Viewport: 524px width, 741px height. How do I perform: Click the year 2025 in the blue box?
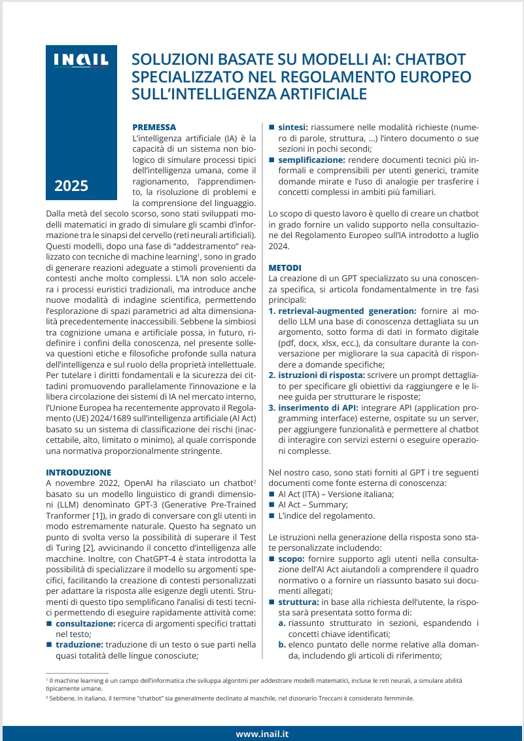(71, 186)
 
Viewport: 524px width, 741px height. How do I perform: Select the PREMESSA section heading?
(154, 127)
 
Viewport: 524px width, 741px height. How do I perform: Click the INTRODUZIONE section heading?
(79, 472)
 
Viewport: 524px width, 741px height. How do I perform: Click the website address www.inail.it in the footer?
(262, 734)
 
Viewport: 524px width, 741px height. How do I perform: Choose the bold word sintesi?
(293, 127)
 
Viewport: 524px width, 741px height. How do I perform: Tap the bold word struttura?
(298, 602)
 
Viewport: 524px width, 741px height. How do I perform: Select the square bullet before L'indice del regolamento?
(272, 515)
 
